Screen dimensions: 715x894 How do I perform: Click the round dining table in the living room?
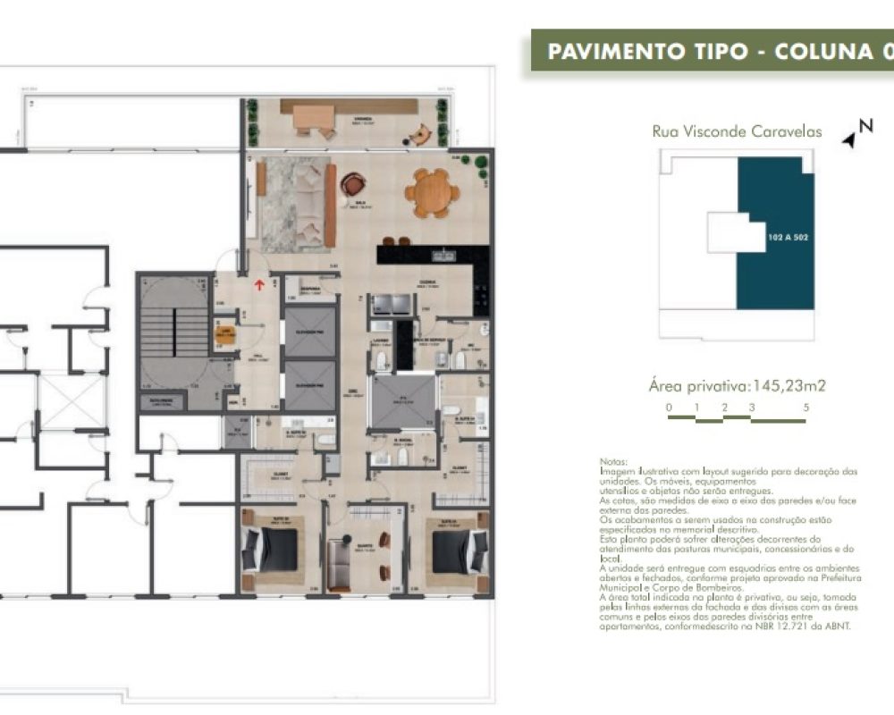[x=432, y=193]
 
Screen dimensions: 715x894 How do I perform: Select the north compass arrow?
[x=850, y=139]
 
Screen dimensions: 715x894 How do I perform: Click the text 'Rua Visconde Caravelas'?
[x=737, y=131]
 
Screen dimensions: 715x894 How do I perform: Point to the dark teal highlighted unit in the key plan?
[x=774, y=234]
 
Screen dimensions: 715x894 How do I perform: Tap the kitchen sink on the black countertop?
[x=443, y=257]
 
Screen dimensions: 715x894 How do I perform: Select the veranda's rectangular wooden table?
[x=313, y=117]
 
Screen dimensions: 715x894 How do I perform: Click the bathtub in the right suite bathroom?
[x=480, y=416]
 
